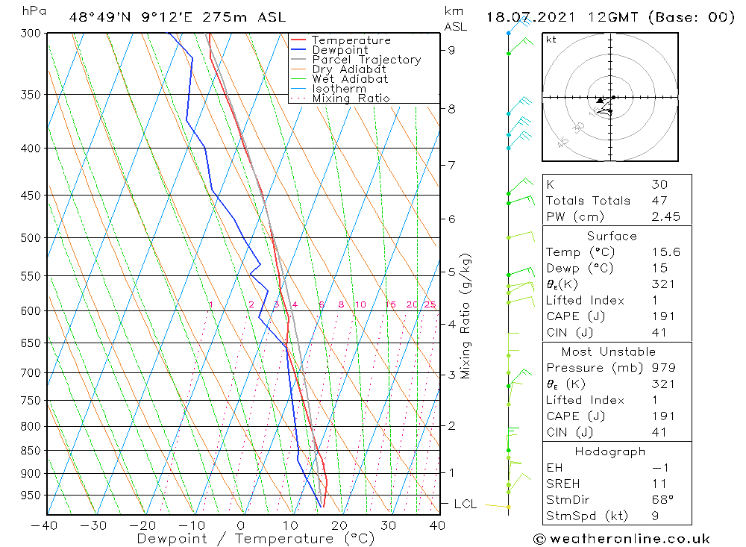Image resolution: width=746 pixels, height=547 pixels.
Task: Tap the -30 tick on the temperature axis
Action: (94, 525)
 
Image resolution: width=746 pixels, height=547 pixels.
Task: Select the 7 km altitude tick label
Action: (451, 164)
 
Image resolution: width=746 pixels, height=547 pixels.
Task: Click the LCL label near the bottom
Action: (465, 504)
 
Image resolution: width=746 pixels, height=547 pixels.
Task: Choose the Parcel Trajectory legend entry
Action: (366, 60)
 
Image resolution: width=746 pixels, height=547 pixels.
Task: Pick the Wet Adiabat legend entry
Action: (350, 79)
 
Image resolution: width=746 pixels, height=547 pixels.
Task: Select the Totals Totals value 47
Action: (659, 201)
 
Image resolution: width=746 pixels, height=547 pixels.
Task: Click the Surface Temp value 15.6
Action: (665, 252)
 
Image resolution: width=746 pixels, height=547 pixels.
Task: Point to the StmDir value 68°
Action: (662, 499)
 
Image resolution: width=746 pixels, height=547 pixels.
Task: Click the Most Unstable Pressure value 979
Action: (663, 368)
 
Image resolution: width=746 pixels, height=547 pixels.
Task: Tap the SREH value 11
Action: (659, 484)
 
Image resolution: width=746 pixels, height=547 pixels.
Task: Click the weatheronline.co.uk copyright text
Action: (621, 539)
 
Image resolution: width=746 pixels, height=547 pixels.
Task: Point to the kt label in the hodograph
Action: (551, 40)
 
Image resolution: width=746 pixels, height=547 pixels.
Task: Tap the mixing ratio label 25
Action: (430, 304)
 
